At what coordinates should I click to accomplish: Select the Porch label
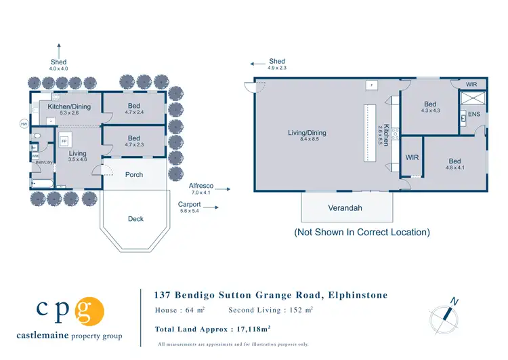click(134, 175)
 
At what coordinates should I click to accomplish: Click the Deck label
click(135, 219)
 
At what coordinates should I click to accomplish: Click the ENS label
click(473, 115)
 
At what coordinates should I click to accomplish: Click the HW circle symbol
click(24, 124)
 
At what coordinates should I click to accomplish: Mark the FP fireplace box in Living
click(65, 142)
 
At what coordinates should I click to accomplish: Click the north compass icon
click(444, 317)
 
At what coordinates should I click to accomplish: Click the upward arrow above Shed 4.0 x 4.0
click(58, 49)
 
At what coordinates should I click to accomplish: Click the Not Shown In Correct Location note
click(361, 232)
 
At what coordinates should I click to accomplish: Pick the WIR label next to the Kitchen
click(412, 157)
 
